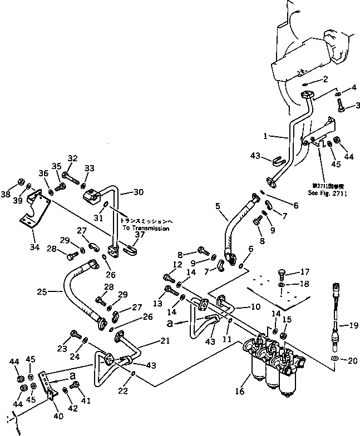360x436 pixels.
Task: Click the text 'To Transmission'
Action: coord(145,228)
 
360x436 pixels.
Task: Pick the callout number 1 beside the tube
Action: coord(267,135)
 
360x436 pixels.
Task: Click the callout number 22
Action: coord(124,392)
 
